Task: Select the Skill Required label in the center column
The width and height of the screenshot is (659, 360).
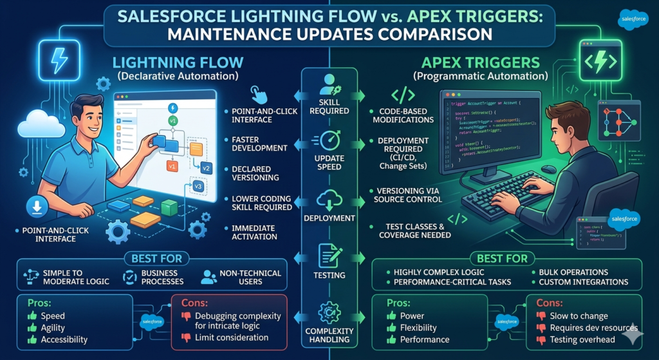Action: coord(329,106)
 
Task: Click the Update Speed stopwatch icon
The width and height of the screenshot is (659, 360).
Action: coord(329,140)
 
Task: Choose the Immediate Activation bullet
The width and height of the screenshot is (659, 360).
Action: coord(254,232)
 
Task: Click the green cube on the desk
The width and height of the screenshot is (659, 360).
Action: coord(169,207)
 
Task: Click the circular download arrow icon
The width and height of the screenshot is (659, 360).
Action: coord(34,207)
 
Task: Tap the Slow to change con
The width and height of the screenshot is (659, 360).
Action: coord(579,316)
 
